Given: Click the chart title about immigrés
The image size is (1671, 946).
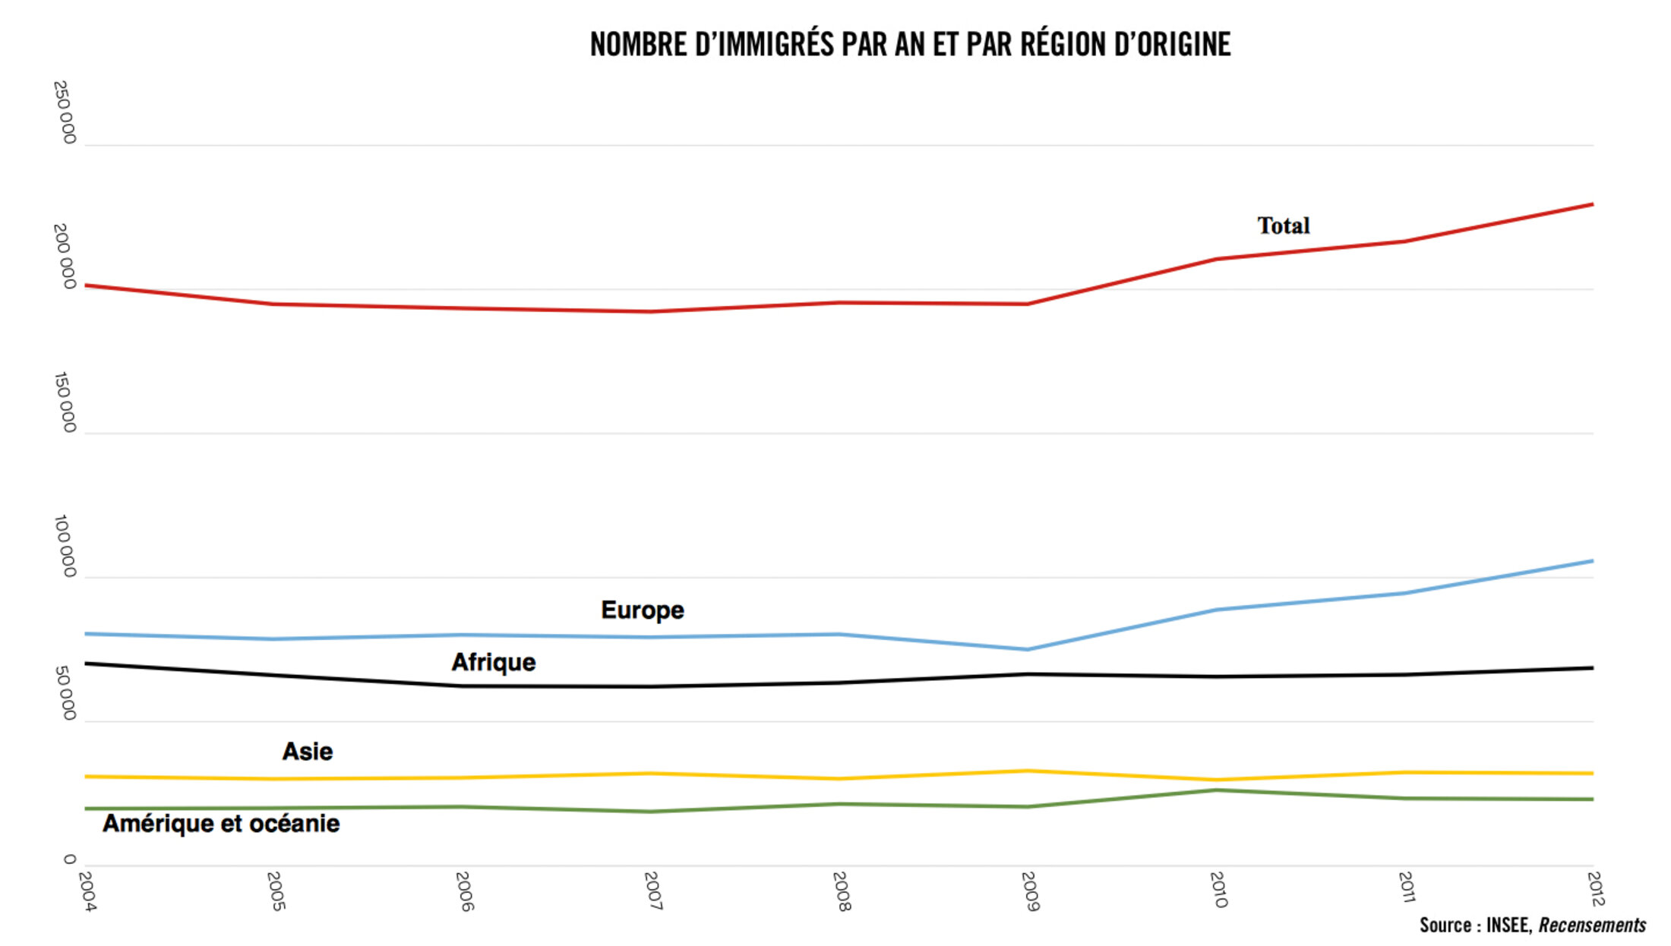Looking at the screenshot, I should pyautogui.click(x=910, y=45).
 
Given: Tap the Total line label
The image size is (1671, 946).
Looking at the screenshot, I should pyautogui.click(x=1284, y=225).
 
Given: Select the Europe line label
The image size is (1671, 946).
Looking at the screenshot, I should pyautogui.click(x=642, y=610).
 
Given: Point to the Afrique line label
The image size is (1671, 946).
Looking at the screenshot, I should pyautogui.click(x=494, y=662).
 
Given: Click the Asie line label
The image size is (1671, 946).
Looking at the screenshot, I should pyautogui.click(x=308, y=752).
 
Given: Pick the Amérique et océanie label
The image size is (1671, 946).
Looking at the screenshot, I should pyautogui.click(x=221, y=824).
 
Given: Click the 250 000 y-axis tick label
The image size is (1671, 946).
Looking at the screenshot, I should pyautogui.click(x=65, y=112).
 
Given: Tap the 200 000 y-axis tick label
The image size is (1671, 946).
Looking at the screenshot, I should pyautogui.click(x=65, y=257).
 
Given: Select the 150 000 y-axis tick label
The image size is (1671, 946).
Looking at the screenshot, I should pyautogui.click(x=65, y=402).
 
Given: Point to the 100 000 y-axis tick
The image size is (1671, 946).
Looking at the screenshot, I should pyautogui.click(x=65, y=546).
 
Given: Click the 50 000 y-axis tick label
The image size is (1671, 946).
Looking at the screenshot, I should pyautogui.click(x=65, y=693).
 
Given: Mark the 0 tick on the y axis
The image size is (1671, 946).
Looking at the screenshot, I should pyautogui.click(x=69, y=859).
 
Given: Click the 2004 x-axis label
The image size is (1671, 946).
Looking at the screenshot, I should pyautogui.click(x=87, y=891).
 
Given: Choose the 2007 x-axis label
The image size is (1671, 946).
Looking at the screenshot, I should pyautogui.click(x=652, y=891).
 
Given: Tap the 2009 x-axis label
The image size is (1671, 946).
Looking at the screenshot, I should pyautogui.click(x=1030, y=891).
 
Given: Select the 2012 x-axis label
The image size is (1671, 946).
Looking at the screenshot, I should pyautogui.click(x=1596, y=888).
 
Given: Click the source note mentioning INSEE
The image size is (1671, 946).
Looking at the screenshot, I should pyautogui.click(x=1532, y=926).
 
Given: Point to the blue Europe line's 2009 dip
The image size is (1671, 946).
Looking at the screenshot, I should pyautogui.click(x=1028, y=649).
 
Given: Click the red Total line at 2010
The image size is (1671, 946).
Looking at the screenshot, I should pyautogui.click(x=1217, y=259).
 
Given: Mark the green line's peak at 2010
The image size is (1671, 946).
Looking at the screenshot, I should pyautogui.click(x=1216, y=790).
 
